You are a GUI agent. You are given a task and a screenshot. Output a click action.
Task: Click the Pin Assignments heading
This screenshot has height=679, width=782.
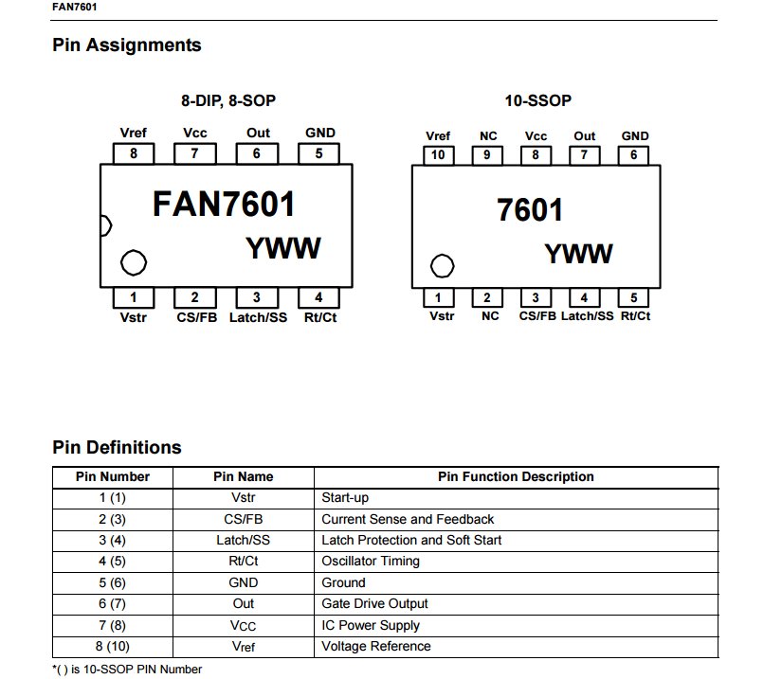pos(127,45)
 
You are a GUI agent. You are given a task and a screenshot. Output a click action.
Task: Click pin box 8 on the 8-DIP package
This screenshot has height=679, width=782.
pos(134,153)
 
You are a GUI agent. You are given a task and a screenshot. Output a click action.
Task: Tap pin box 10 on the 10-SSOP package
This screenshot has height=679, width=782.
pos(437,154)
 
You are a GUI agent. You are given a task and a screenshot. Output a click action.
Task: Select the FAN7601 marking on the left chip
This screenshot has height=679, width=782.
pos(224,205)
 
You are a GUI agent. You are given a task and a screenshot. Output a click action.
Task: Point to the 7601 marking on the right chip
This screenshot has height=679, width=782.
pos(530,210)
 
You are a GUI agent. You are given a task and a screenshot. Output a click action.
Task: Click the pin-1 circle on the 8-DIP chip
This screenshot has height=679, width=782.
pos(134,262)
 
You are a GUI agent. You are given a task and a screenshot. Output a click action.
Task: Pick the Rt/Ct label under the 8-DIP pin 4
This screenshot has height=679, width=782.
pos(320,317)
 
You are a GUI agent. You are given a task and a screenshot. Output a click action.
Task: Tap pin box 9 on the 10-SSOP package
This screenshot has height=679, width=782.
pos(487,154)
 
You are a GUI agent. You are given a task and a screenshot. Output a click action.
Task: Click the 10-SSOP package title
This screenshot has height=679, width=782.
pos(538,100)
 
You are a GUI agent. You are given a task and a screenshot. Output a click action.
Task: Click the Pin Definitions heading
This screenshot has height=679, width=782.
pos(117,447)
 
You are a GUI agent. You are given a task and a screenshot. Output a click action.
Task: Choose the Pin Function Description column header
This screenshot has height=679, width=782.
pos(516,476)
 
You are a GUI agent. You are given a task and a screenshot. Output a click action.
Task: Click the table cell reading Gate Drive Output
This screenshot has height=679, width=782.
pos(374,603)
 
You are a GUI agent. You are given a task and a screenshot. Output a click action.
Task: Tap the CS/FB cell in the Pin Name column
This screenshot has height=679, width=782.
pos(244,519)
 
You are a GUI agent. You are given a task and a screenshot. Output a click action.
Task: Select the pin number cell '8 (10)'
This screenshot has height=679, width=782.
pos(112,646)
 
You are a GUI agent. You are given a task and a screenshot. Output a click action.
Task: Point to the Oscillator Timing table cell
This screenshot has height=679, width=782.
pos(371,561)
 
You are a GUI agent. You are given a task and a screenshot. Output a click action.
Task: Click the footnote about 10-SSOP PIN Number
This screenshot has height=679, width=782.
pos(127,670)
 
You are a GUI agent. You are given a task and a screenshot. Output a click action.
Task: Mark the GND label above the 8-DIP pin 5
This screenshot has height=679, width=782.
pos(320,134)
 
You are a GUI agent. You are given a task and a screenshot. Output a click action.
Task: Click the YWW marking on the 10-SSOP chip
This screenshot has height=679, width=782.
pos(578,254)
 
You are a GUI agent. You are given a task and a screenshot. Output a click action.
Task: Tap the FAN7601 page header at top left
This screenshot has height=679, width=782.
pos(74,8)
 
